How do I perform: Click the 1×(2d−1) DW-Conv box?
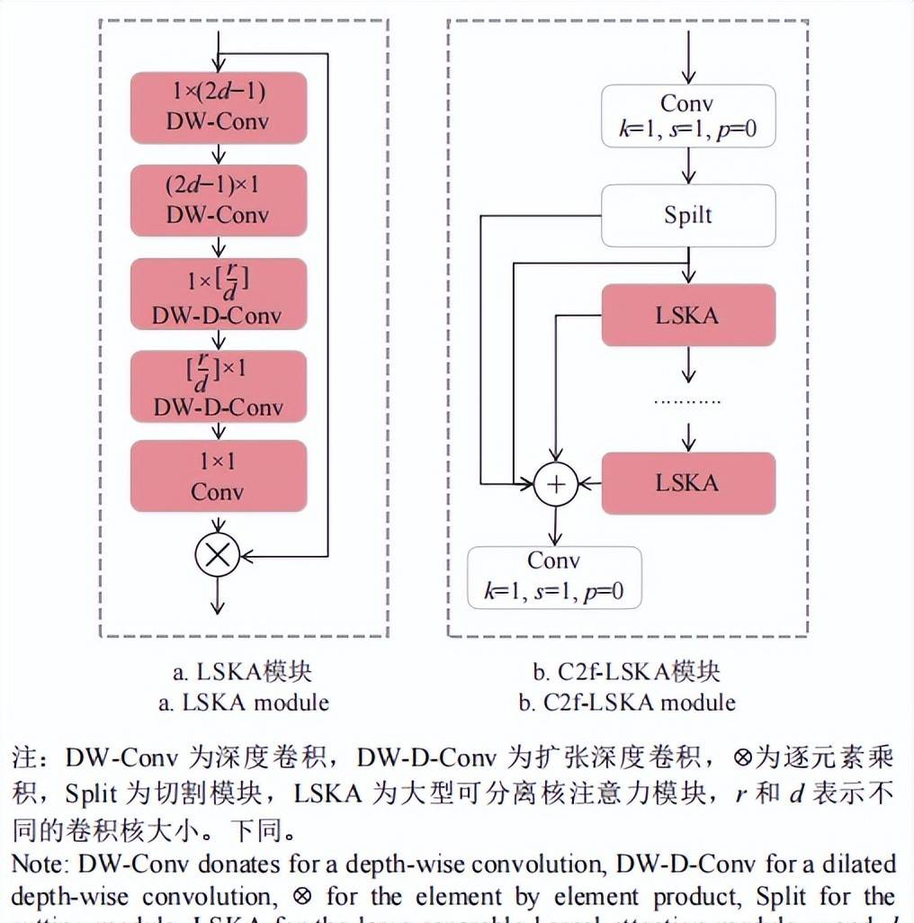(218, 106)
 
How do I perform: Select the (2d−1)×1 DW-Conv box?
(218, 201)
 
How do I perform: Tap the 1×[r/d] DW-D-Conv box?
(218, 294)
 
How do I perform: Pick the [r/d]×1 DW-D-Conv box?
(218, 387)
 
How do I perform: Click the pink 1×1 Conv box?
(218, 477)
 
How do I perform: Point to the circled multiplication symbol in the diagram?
(217, 554)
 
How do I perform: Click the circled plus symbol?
(556, 484)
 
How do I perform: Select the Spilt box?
(688, 216)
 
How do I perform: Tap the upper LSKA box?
(688, 315)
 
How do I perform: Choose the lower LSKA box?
(688, 483)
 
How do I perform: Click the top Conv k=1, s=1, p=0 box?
(688, 116)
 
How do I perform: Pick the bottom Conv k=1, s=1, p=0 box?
(554, 577)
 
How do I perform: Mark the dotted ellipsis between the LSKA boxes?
(688, 400)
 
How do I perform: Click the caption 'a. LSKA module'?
(244, 703)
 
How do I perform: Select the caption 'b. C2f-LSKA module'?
(627, 703)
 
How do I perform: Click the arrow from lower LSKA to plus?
(590, 484)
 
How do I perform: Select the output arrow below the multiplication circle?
(217, 596)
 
